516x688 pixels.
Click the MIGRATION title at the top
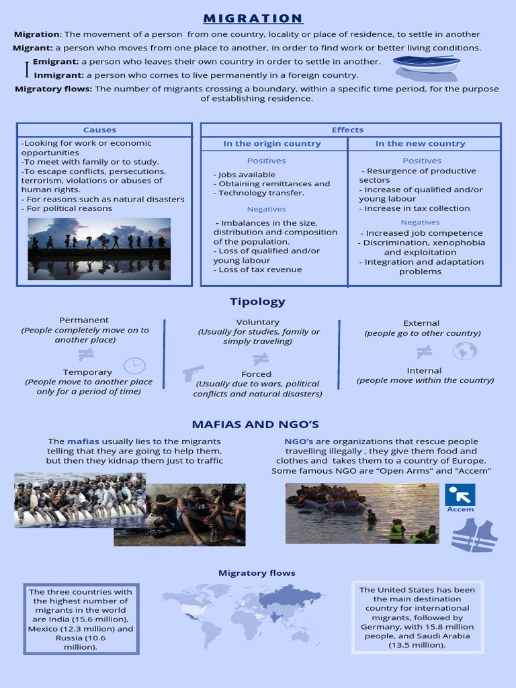253,18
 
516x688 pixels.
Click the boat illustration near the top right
426,64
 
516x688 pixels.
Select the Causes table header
99,130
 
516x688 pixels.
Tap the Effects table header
347,130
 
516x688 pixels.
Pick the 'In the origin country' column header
272,144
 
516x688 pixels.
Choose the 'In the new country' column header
420,144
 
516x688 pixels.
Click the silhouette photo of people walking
99,248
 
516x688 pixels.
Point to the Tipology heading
257,302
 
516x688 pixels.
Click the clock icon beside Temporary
134,365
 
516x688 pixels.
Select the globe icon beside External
464,351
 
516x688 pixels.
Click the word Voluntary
257,322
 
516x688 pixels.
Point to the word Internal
424,371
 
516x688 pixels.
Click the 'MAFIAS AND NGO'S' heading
255,425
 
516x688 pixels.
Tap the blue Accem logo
460,495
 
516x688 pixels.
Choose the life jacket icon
474,535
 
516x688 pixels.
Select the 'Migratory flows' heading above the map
257,573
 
